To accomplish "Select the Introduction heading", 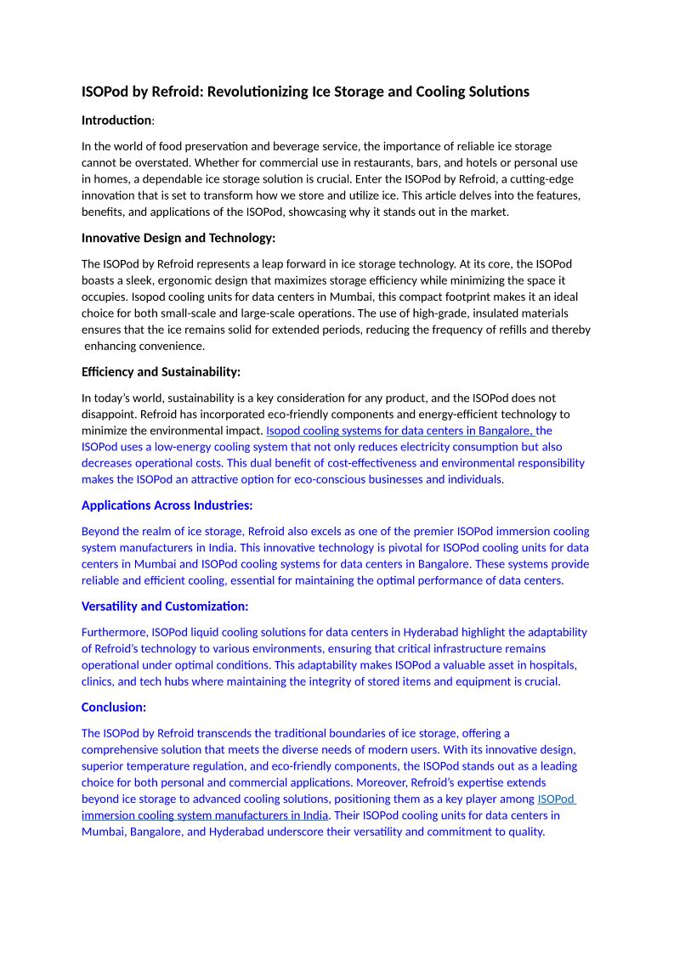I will point(116,121).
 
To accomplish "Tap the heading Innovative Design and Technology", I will point(178,238).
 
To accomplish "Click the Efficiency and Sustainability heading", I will point(161,371).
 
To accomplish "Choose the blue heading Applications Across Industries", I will point(167,505).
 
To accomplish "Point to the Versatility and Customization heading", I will point(165,606).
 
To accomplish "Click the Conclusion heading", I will point(114,706).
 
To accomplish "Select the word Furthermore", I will point(115,631).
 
